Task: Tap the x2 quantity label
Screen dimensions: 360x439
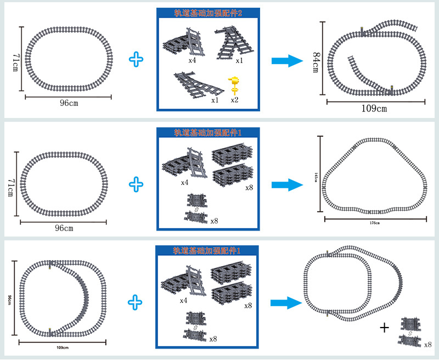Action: pyautogui.click(x=235, y=100)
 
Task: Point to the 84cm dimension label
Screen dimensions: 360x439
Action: pyautogui.click(x=316, y=61)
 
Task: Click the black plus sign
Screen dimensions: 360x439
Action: pyautogui.click(x=385, y=328)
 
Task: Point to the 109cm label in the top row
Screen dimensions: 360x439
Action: pyautogui.click(x=374, y=108)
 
